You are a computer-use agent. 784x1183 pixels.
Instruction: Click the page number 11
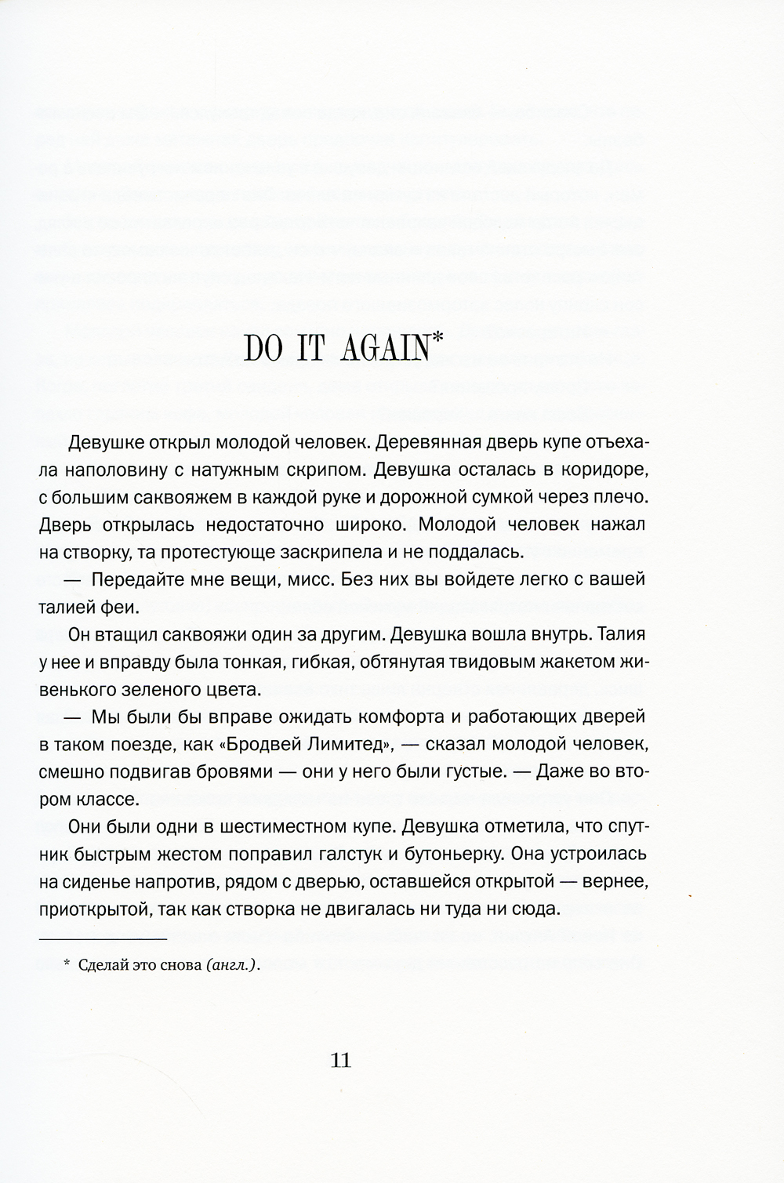click(x=341, y=1061)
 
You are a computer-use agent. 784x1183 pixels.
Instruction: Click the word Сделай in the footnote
click(x=105, y=966)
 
